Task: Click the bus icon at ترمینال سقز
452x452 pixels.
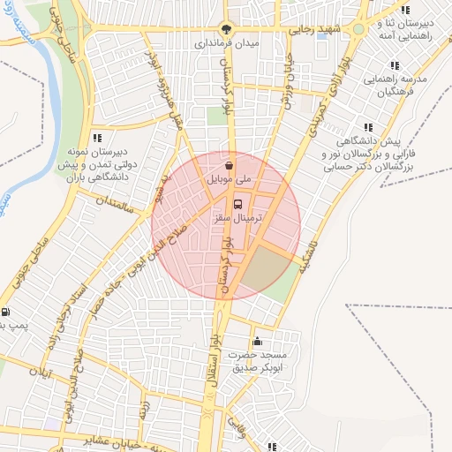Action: click(223, 203)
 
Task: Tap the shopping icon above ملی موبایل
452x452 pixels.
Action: click(229, 165)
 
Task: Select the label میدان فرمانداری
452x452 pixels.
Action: click(227, 41)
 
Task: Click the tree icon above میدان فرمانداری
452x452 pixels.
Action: click(227, 28)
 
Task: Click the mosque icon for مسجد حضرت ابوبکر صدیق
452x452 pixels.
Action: click(257, 342)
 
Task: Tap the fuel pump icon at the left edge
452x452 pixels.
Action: click(6, 312)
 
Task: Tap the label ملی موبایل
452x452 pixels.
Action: click(229, 179)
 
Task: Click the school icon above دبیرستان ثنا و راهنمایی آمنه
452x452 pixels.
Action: click(404, 9)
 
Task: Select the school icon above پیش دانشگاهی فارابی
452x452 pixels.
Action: click(368, 127)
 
